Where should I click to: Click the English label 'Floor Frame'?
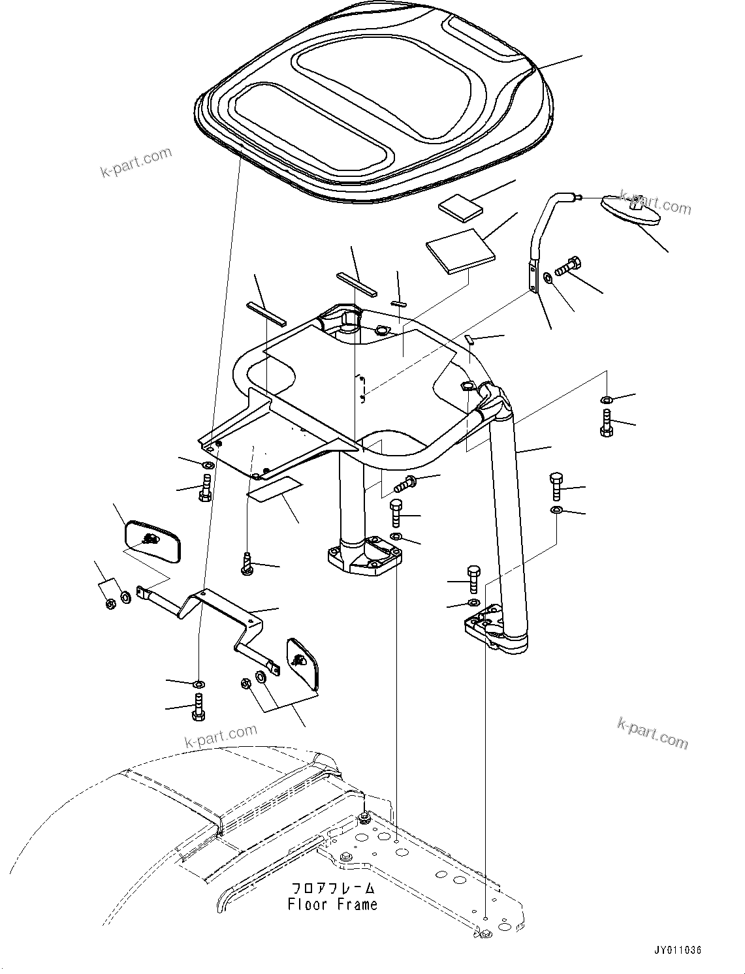click(x=332, y=904)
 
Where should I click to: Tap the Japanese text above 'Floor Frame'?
click(x=333, y=888)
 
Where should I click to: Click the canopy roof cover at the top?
click(x=375, y=98)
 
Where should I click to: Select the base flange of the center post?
click(x=364, y=556)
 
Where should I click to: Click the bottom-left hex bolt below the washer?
click(x=198, y=708)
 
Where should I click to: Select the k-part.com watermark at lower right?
click(x=652, y=733)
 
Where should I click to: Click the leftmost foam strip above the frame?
click(x=266, y=312)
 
